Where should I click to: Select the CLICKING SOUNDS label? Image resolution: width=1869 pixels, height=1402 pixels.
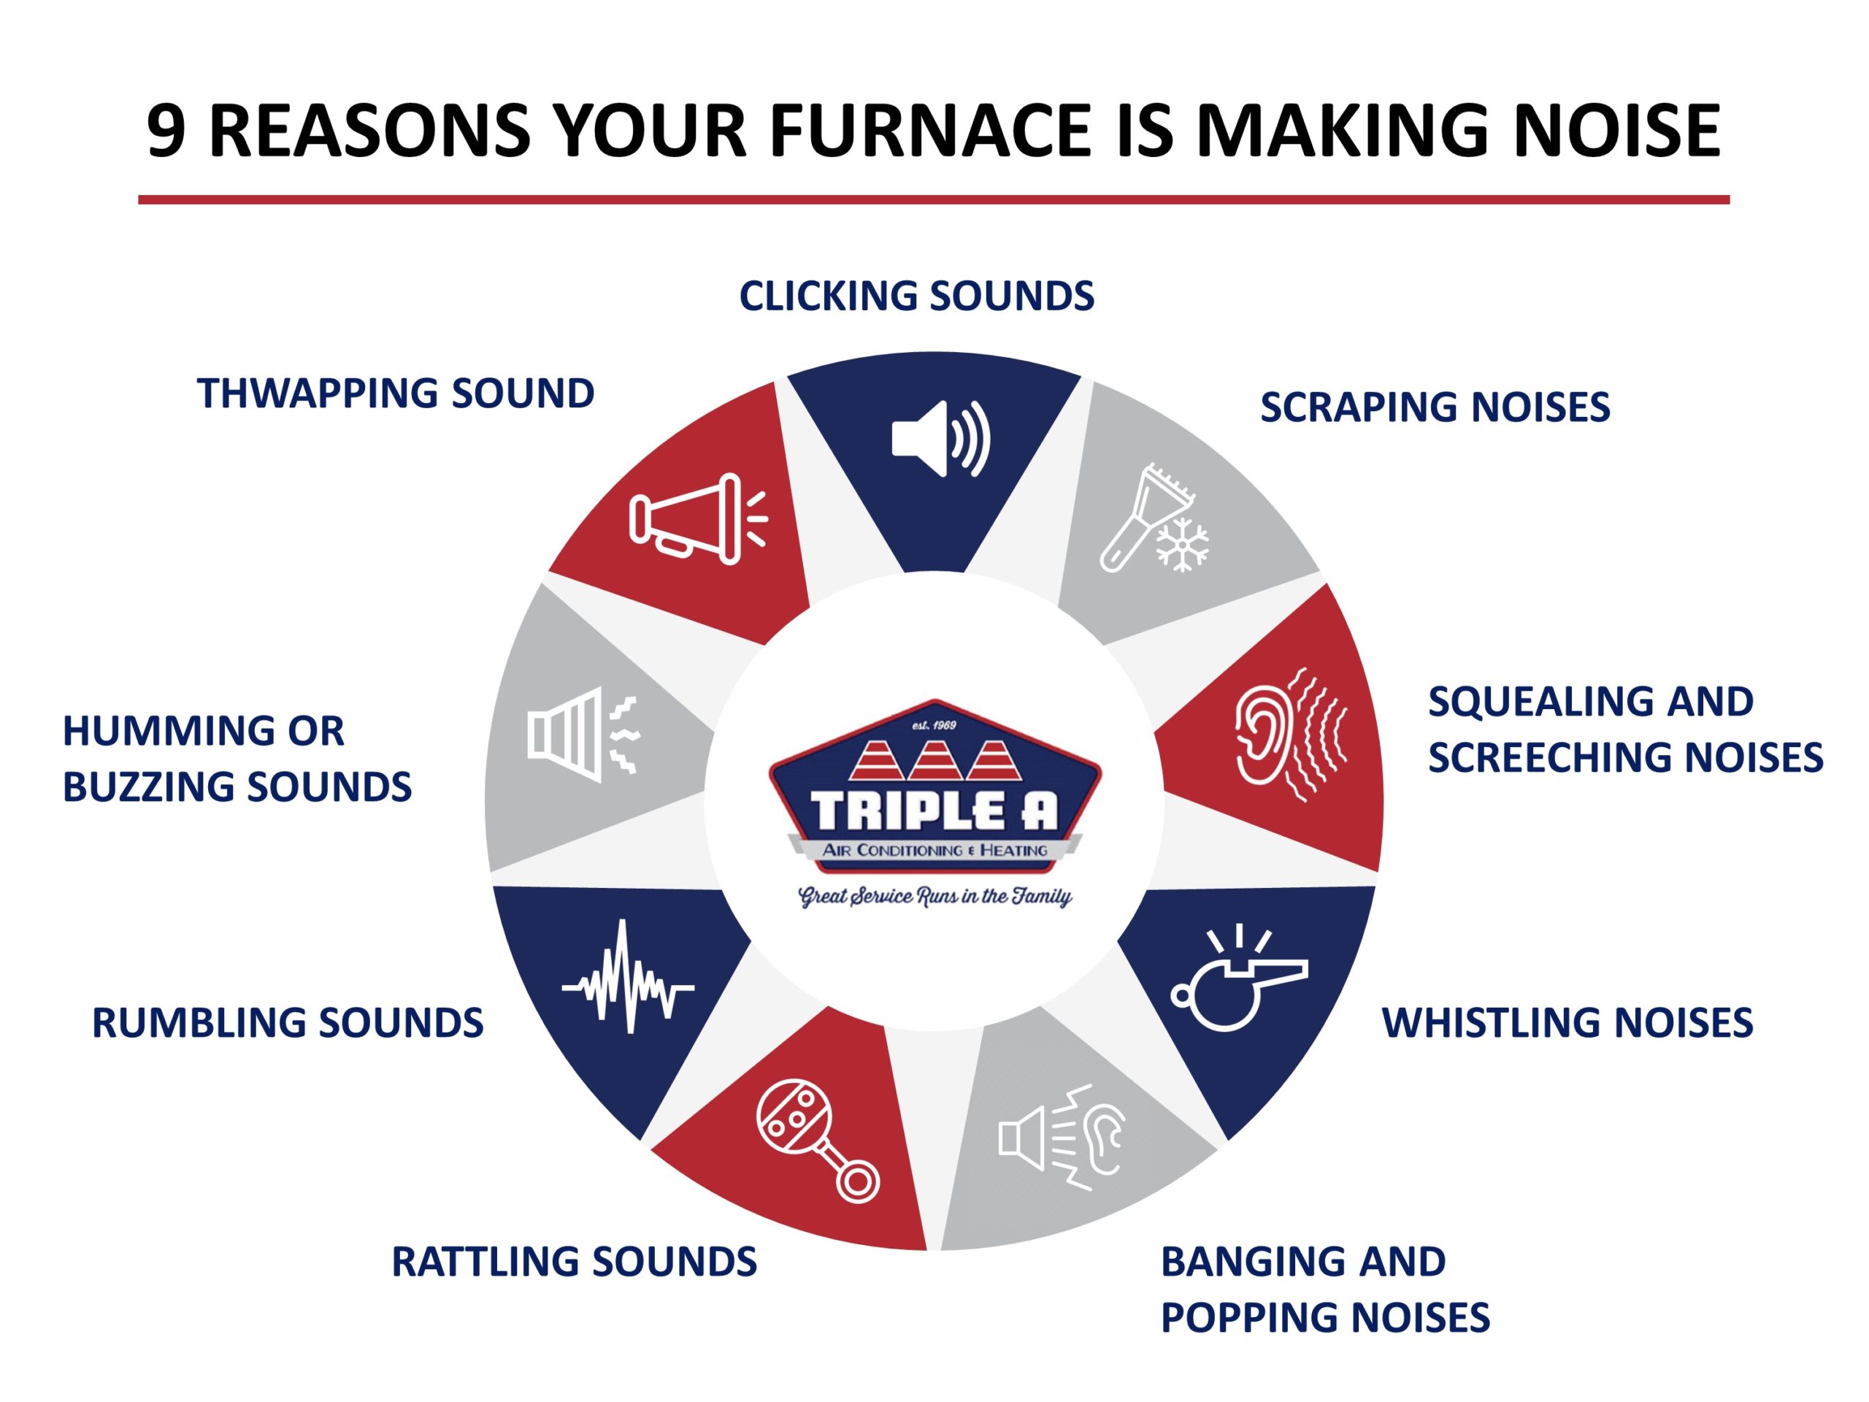pyautogui.click(x=917, y=296)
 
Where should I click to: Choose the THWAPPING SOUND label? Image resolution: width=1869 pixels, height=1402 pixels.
pyautogui.click(x=396, y=394)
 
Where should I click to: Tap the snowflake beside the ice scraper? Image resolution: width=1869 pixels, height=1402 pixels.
pyautogui.click(x=1181, y=543)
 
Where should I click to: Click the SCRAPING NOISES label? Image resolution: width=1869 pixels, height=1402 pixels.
pyautogui.click(x=1435, y=407)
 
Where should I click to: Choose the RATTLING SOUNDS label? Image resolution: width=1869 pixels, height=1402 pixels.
pyautogui.click(x=574, y=1262)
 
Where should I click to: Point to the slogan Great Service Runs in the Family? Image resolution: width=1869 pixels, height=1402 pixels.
pyautogui.click(x=934, y=897)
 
